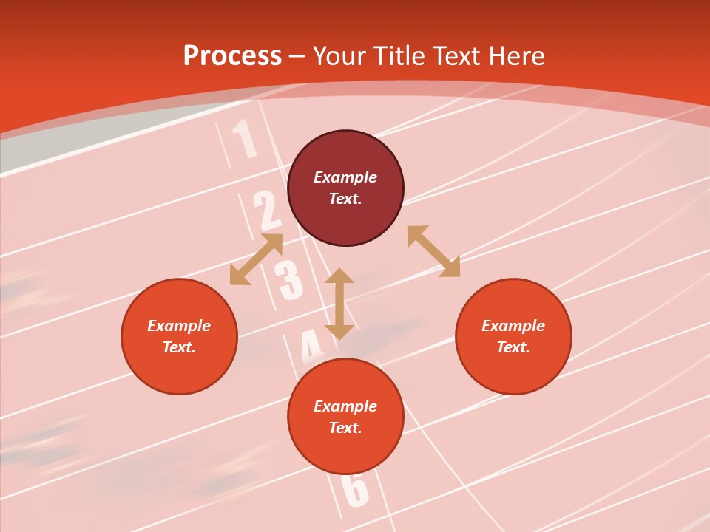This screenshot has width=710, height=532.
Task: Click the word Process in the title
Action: [x=232, y=56]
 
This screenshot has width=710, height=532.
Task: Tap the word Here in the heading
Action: [x=515, y=56]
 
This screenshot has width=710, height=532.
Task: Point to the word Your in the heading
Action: [x=339, y=56]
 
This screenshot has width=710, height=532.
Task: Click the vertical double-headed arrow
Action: [x=339, y=304]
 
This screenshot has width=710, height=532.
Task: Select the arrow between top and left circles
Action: [x=256, y=259]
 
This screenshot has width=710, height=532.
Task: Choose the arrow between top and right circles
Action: [x=433, y=251]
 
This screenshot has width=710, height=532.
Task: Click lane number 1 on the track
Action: [x=245, y=140]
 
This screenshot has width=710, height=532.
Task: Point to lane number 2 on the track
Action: [x=266, y=211]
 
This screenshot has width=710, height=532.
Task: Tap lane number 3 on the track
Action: [x=288, y=280]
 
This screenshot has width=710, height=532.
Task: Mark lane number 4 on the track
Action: [x=311, y=346]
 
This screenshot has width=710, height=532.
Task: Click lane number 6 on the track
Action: [x=356, y=489]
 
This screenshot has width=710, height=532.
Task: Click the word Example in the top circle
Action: [x=345, y=177]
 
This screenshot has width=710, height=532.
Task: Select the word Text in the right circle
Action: [x=513, y=347]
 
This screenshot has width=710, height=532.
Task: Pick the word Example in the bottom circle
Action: [x=345, y=406]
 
